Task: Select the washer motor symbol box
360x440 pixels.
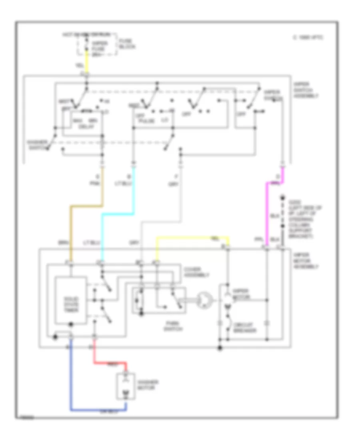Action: click(126, 387)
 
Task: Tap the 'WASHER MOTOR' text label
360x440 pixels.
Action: click(146, 385)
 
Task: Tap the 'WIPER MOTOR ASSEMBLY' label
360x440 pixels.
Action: click(306, 260)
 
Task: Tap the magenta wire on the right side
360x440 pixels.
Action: click(267, 212)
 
